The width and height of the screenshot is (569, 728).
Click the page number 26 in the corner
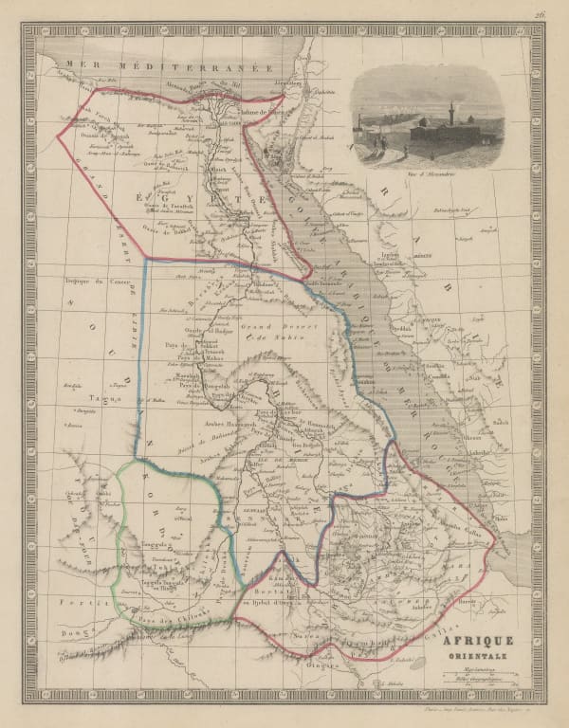pos(538,12)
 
